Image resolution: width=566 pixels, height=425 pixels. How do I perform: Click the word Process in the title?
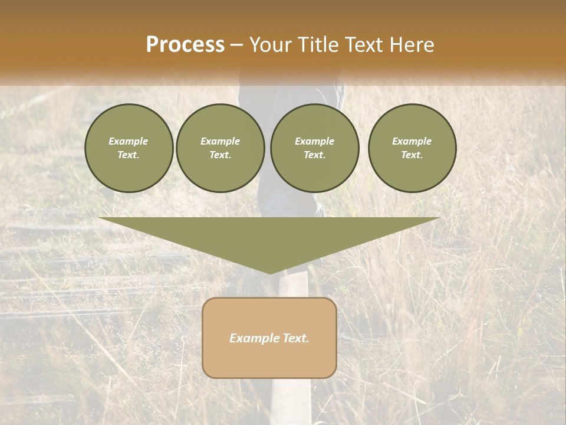click(185, 45)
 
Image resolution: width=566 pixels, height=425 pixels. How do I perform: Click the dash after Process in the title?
click(236, 45)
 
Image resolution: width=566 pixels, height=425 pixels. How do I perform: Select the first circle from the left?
click(129, 148)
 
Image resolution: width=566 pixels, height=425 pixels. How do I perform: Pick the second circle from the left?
click(220, 148)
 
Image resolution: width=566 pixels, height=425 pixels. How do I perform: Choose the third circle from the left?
click(314, 148)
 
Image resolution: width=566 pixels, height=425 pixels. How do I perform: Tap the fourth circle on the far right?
click(412, 148)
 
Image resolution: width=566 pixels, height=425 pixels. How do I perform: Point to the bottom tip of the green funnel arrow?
click(270, 272)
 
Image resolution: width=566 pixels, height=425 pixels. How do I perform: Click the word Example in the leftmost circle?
click(129, 141)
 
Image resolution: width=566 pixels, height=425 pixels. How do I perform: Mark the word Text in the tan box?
click(295, 338)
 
